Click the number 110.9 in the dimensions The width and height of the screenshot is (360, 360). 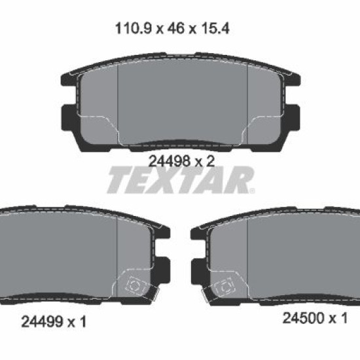pos(134,29)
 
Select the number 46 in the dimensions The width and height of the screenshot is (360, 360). pos(176,29)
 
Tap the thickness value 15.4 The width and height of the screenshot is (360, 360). pos(215,29)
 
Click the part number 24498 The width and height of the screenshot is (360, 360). pos(170,161)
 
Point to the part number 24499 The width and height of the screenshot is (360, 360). pos(42,321)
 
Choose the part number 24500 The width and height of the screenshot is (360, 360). pos(303,318)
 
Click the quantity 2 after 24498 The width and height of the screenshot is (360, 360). pos(210,161)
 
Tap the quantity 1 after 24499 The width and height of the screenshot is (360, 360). pos(83,321)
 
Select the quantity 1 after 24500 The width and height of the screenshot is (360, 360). pos(344,318)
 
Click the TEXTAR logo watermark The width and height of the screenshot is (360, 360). pos(181,179)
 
